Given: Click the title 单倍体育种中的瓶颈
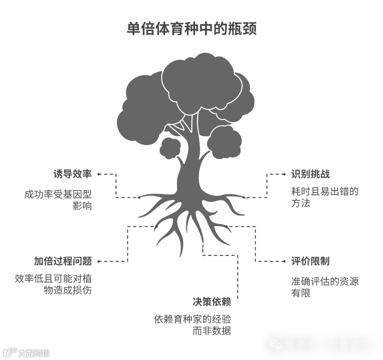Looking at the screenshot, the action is pyautogui.click(x=191, y=29).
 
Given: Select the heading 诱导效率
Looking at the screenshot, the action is pyautogui.click(x=72, y=174).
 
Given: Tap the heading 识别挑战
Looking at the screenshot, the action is pyautogui.click(x=310, y=174).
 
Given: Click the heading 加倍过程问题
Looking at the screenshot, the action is pyautogui.click(x=63, y=261).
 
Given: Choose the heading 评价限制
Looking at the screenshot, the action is pyautogui.click(x=310, y=261).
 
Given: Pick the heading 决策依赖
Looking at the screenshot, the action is pyautogui.click(x=212, y=302).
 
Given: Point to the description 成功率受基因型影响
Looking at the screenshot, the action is pyautogui.click(x=58, y=200).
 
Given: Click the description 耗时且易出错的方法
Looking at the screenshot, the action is pyautogui.click(x=324, y=197).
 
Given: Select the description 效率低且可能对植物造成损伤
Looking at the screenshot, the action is pyautogui.click(x=53, y=284).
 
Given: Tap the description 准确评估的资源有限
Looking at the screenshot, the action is pyautogui.click(x=324, y=287).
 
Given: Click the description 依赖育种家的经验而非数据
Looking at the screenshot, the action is pyautogui.click(x=193, y=325).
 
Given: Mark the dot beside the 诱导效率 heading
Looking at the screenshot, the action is pyautogui.click(x=99, y=174).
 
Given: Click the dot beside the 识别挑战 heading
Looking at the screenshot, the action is pyautogui.click(x=284, y=174).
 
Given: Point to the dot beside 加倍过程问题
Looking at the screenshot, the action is pyautogui.click(x=99, y=261).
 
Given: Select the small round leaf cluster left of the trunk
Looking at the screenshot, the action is pyautogui.click(x=170, y=148).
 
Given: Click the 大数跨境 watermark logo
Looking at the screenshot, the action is pyautogui.click(x=26, y=353).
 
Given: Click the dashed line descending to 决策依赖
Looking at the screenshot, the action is pyautogui.click(x=238, y=277).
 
